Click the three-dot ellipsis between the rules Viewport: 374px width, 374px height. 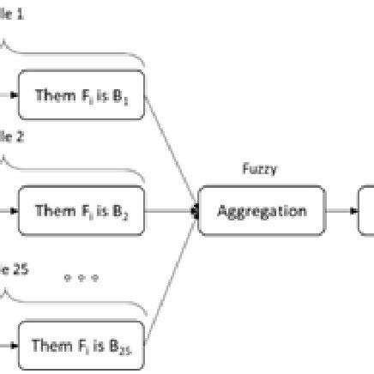click(x=81, y=279)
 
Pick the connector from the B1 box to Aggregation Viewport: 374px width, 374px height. click(x=172, y=150)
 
